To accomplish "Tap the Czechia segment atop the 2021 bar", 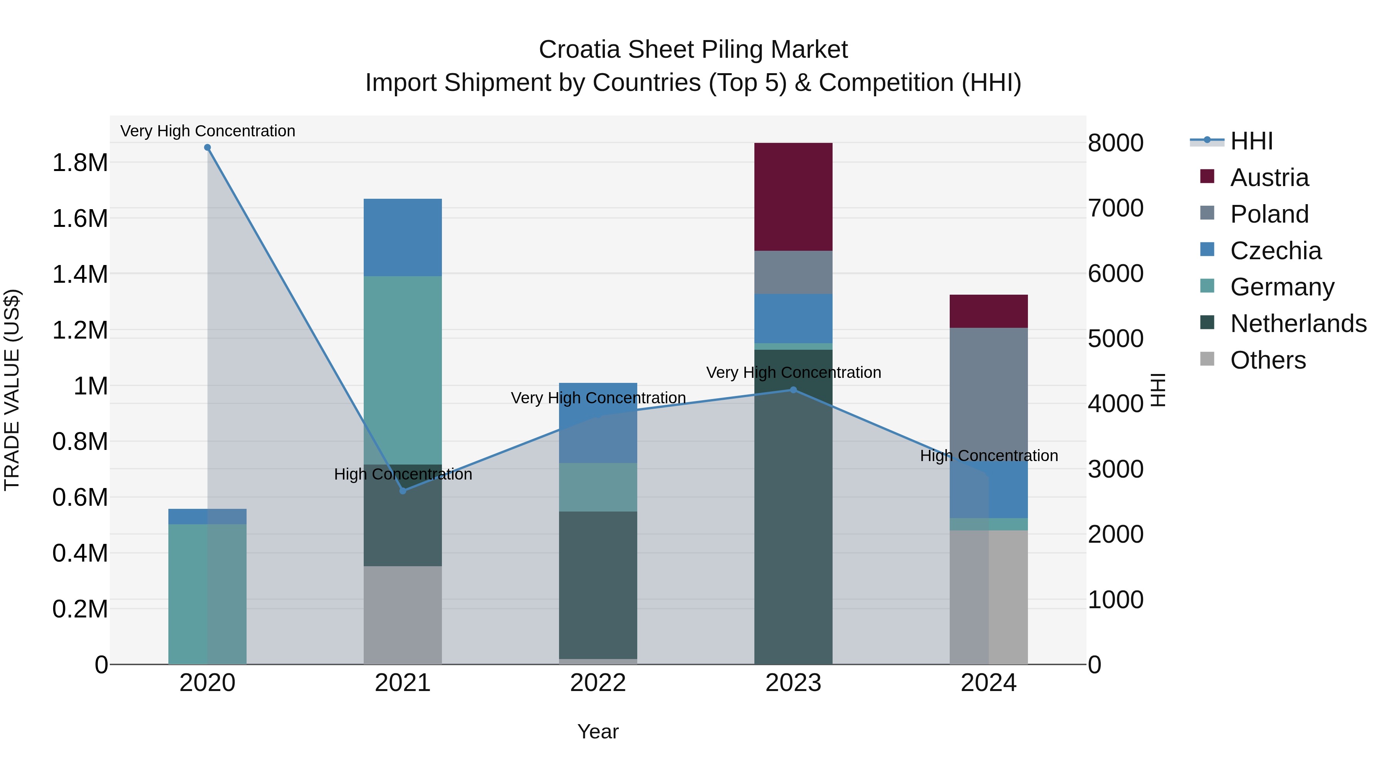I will coord(402,237).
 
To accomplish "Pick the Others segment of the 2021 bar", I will coord(402,615).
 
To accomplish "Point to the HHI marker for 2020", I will coord(207,148).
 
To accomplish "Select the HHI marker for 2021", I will coord(403,490).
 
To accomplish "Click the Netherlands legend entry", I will coord(1298,324).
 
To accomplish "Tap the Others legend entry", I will coord(1268,360).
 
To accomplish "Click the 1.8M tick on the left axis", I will coord(80,163).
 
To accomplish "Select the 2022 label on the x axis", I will coord(598,683).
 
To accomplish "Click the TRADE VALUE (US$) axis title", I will coord(12,390).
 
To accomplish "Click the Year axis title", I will coord(598,731).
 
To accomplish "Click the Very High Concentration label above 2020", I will coord(207,131).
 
